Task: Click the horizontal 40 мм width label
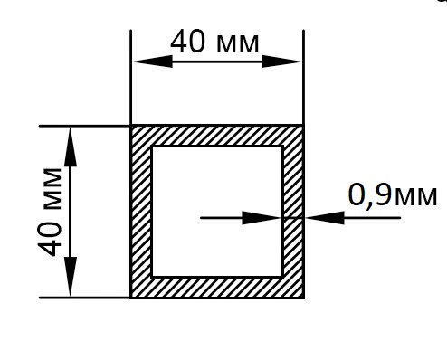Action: tap(214, 42)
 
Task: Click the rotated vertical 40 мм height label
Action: tap(50, 212)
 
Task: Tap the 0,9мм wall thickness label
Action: tap(393, 194)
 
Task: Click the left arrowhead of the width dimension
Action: tap(152, 62)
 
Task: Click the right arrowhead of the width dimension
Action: tap(282, 62)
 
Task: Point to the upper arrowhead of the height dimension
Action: tap(71, 147)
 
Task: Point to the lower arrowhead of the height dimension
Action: tap(71, 277)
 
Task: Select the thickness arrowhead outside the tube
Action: tap(325, 218)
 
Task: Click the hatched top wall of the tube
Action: tap(217, 136)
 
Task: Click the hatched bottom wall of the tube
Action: tap(217, 288)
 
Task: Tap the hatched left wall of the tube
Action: tap(141, 212)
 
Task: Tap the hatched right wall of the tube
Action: tap(293, 212)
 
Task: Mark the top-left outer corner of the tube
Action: tap(130, 125)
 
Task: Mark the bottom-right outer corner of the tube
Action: tap(304, 298)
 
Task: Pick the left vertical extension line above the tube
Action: tap(130, 77)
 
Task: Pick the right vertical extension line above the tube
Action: tap(303, 77)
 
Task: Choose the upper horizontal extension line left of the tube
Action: tap(85, 126)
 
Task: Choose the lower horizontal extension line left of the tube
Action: tap(85, 298)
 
